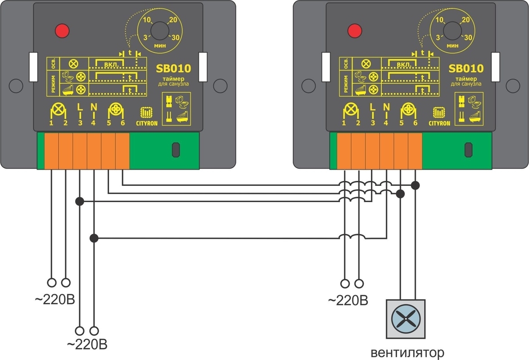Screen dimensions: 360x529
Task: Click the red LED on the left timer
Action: pyautogui.click(x=61, y=31)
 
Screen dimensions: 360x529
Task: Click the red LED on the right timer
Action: pyautogui.click(x=354, y=31)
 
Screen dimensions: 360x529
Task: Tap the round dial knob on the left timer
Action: pyautogui.click(x=159, y=31)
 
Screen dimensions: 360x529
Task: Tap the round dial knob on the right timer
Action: pyautogui.click(x=452, y=31)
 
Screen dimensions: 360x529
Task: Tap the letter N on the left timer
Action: pyautogui.click(x=94, y=108)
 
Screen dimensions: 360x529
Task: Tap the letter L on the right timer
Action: pyautogui.click(x=372, y=108)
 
